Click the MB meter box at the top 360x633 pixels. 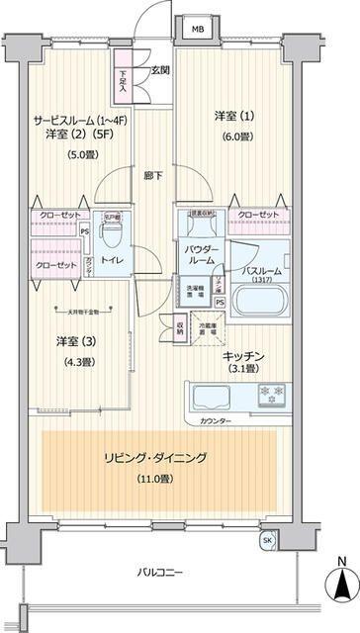click(198, 29)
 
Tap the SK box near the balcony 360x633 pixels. click(267, 541)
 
